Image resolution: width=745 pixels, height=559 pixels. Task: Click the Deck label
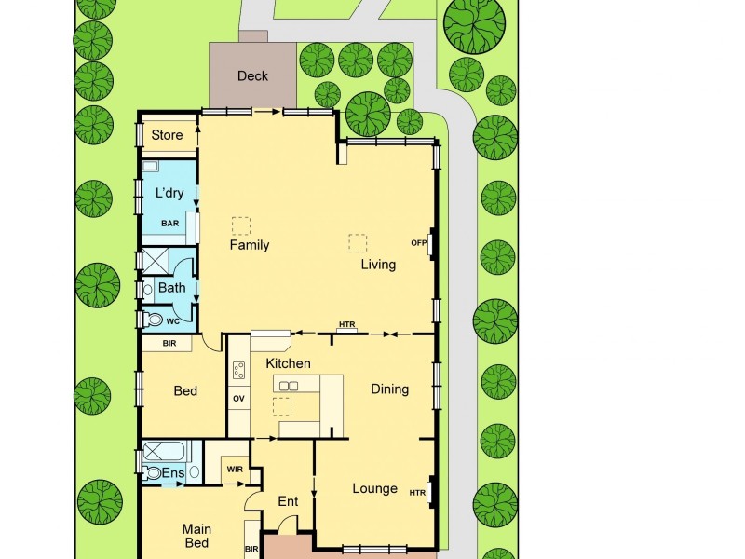click(x=252, y=75)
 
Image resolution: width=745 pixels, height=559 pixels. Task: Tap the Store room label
click(x=168, y=135)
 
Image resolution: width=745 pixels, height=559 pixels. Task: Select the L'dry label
click(x=169, y=193)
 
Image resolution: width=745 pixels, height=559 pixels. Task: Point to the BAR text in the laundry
click(x=169, y=224)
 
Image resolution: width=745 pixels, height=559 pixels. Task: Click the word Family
click(x=250, y=245)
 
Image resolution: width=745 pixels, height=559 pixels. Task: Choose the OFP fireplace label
click(x=418, y=243)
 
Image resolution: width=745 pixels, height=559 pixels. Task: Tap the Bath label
click(x=171, y=288)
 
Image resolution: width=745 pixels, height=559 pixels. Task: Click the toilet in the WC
click(x=155, y=320)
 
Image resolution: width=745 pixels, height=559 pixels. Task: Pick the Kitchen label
click(x=288, y=363)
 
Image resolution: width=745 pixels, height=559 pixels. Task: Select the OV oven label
click(x=237, y=399)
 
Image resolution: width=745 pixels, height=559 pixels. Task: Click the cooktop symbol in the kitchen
click(x=238, y=371)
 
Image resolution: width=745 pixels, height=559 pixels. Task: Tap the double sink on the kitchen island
click(x=288, y=386)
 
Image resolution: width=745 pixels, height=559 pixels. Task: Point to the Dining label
click(x=389, y=389)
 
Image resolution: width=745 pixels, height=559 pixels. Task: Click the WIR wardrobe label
click(x=234, y=470)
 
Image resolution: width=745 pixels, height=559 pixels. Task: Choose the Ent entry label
click(x=288, y=501)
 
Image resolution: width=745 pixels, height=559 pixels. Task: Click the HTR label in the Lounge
click(x=417, y=493)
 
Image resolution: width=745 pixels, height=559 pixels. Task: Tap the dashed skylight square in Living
click(x=358, y=242)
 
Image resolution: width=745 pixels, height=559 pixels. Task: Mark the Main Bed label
click(x=196, y=536)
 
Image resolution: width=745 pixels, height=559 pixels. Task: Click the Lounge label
click(x=374, y=488)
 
